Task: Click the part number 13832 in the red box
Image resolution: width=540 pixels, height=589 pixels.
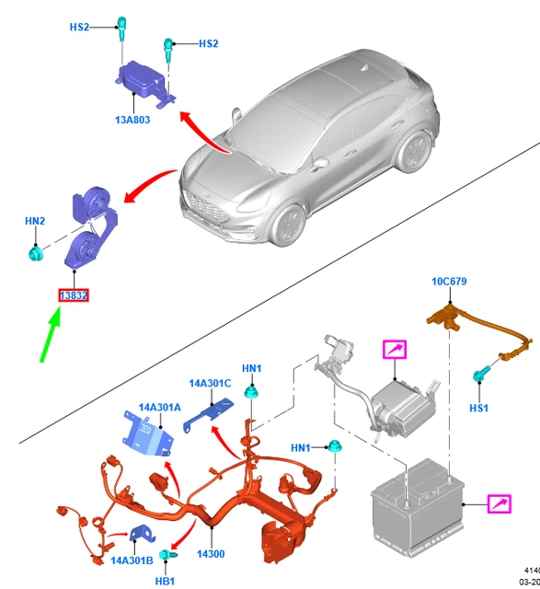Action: [73, 295]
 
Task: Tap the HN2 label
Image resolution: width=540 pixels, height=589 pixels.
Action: [34, 221]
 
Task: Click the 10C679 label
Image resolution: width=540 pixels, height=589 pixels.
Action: [449, 282]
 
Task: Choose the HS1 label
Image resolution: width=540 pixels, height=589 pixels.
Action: [478, 406]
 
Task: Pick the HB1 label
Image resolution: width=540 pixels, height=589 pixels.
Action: [165, 582]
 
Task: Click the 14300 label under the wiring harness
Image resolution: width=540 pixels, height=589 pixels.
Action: [210, 555]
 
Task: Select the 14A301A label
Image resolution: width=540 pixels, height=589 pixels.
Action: [160, 406]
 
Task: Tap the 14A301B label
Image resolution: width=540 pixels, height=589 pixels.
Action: [132, 560]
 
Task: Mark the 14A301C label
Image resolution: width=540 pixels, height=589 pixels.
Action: [211, 382]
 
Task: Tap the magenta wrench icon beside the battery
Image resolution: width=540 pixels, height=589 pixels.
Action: [500, 504]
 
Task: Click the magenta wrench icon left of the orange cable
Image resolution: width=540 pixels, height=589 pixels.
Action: [394, 351]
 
